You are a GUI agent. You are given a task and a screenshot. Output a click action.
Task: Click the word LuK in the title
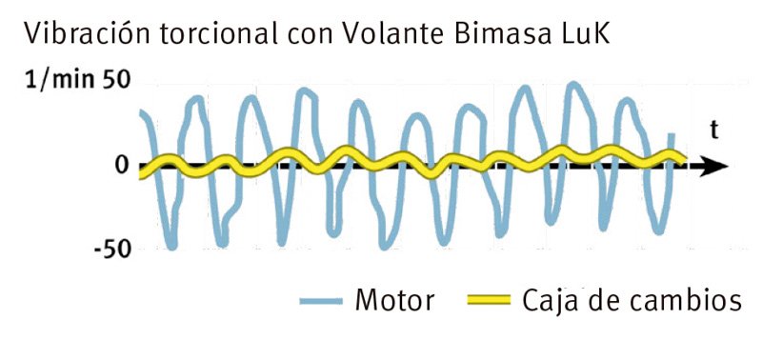584,35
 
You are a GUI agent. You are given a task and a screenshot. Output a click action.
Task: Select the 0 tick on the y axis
120,166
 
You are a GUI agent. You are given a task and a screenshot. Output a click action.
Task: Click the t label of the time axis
712,131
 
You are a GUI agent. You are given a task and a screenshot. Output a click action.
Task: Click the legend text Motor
394,301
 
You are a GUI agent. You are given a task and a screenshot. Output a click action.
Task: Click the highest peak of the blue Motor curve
573,85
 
